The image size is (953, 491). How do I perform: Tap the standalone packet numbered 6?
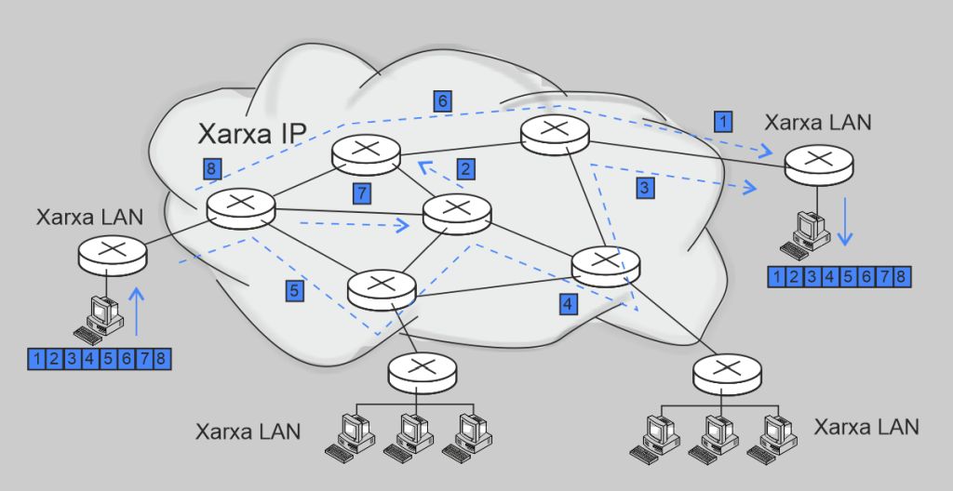point(443,100)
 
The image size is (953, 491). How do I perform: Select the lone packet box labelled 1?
point(722,120)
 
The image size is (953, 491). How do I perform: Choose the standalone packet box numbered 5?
point(294,290)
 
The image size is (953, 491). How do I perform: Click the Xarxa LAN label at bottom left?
point(248,431)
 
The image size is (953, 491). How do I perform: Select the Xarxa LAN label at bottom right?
point(866,427)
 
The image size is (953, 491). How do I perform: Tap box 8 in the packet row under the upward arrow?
point(161,358)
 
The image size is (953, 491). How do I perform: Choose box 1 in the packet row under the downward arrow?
point(775,276)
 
